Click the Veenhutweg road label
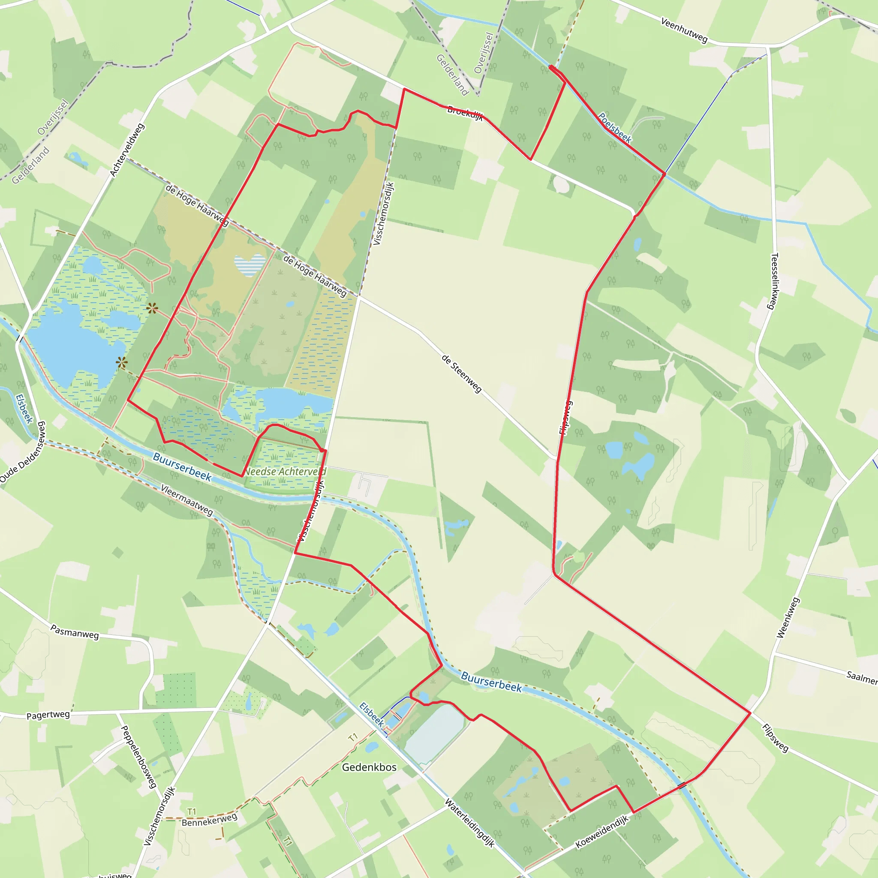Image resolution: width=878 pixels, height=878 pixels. [x=684, y=30]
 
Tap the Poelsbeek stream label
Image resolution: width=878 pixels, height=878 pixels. [x=614, y=128]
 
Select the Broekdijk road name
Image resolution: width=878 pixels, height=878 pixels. [x=465, y=112]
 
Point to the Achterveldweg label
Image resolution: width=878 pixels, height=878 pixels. [x=127, y=150]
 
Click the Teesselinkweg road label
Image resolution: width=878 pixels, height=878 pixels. [x=775, y=281]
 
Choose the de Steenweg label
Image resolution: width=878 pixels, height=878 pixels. [x=461, y=373]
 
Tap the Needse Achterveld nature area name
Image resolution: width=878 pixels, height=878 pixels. [x=286, y=472]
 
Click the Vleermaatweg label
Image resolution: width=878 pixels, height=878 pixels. [x=187, y=500]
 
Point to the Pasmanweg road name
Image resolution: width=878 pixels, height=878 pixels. [x=75, y=631]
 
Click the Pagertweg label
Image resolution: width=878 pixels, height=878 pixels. [x=48, y=716]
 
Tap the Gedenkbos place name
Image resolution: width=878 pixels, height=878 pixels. [x=369, y=767]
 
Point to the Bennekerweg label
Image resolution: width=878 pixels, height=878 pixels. [x=210, y=820]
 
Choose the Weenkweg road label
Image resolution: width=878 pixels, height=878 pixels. [x=788, y=618]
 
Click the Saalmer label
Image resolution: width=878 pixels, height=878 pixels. [x=861, y=677]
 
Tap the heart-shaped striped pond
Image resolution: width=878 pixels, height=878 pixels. [x=250, y=265]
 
